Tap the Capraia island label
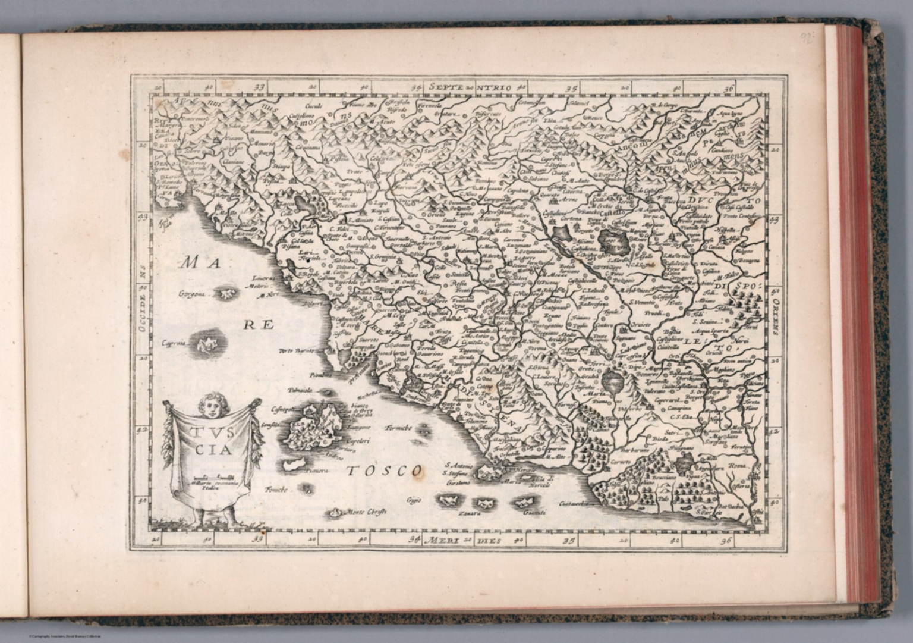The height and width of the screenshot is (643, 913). click(172, 344)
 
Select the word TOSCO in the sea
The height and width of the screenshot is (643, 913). click(383, 471)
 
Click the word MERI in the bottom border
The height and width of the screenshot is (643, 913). click(447, 541)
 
